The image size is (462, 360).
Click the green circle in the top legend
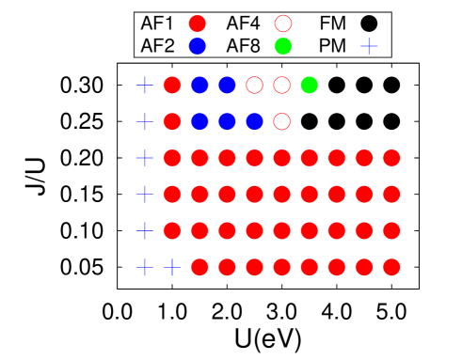pyautogui.click(x=283, y=46)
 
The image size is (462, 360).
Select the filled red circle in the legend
pyautogui.click(x=198, y=23)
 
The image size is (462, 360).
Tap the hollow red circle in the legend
pyautogui.click(x=283, y=23)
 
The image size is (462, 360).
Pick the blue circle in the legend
pyautogui.click(x=198, y=46)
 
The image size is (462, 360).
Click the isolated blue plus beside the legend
pyautogui.click(x=369, y=45)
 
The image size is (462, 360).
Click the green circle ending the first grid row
pyautogui.click(x=309, y=86)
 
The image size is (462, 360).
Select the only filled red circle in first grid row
pyautogui.click(x=172, y=86)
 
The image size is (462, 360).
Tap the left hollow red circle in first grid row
pyautogui.click(x=254, y=86)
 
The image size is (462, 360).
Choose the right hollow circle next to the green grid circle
pyautogui.click(x=281, y=86)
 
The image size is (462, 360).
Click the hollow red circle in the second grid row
pyautogui.click(x=281, y=121)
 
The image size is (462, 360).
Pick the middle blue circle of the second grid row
pyautogui.click(x=227, y=121)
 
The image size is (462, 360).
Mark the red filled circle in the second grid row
pyautogui.click(x=172, y=121)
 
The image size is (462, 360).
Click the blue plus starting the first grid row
pyautogui.click(x=145, y=86)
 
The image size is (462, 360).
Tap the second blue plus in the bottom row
pyautogui.click(x=172, y=268)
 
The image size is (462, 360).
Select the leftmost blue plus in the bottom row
pyautogui.click(x=145, y=268)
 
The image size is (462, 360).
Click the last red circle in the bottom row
pyautogui.click(x=391, y=268)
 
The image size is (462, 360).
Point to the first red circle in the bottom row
pyautogui.click(x=199, y=268)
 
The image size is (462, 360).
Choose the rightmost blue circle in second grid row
pyautogui.click(x=254, y=121)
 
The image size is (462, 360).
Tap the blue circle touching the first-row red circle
pyautogui.click(x=199, y=86)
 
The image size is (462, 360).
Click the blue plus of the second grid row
pyautogui.click(x=145, y=121)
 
